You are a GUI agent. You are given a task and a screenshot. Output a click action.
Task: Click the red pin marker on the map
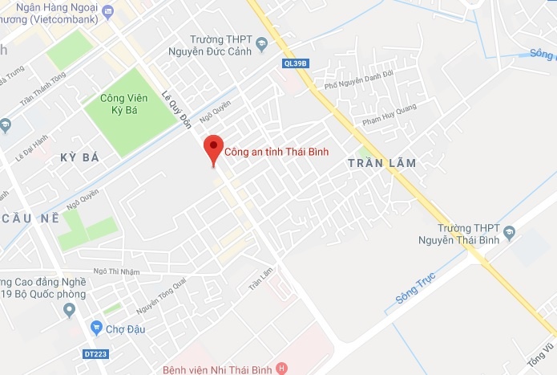point(212,148)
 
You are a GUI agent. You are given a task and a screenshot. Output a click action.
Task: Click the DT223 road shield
point(95,353)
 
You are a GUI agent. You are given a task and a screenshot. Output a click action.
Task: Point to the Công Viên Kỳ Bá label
point(128,104)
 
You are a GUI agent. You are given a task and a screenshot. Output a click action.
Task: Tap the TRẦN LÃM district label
point(382,163)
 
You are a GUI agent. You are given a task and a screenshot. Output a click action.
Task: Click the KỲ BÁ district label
point(79,157)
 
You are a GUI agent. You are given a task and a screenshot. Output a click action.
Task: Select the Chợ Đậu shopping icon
point(96,327)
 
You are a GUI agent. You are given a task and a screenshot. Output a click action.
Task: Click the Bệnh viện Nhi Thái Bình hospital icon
point(281,369)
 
